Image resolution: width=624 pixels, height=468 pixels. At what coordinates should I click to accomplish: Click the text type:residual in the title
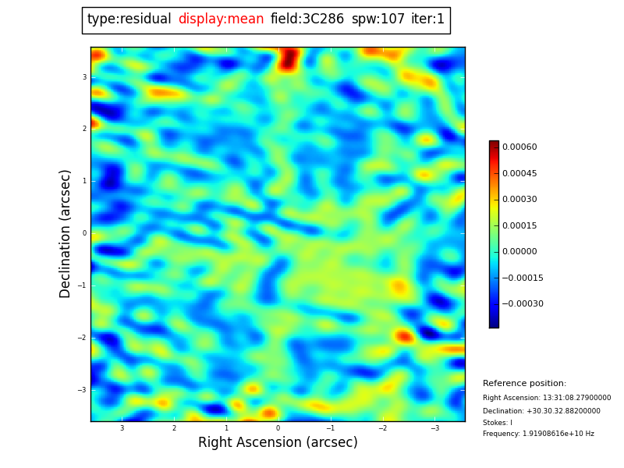[129, 19]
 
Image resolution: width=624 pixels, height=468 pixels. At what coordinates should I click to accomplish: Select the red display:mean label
[221, 19]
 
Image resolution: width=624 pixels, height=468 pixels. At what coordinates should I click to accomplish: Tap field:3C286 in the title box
[307, 19]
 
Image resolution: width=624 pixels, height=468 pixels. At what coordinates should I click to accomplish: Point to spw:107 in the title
[378, 19]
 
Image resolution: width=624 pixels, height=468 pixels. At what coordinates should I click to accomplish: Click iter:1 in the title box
[427, 19]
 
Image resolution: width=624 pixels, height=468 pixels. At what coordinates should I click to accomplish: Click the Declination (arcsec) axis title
[66, 233]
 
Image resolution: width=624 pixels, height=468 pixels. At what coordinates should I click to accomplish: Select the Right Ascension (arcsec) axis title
[278, 443]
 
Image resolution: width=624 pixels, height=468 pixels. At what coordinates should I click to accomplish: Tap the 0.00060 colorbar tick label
[519, 147]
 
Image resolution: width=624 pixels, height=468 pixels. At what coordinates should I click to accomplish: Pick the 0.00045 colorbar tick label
[519, 173]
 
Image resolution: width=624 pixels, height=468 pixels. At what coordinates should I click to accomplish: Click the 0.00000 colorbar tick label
[519, 252]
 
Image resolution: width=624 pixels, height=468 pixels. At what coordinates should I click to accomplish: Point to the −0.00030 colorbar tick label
[522, 304]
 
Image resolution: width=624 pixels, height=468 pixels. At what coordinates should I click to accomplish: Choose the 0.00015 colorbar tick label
[519, 225]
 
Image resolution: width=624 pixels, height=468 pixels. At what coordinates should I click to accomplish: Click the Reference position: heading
[524, 384]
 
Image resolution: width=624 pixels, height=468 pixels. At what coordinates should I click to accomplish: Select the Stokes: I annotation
[498, 423]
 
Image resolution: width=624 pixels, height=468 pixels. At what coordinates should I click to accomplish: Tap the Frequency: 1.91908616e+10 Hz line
[538, 434]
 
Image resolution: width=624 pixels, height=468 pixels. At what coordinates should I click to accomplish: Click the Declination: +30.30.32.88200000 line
[541, 411]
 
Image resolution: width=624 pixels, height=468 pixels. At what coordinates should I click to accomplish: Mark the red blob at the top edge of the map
[289, 58]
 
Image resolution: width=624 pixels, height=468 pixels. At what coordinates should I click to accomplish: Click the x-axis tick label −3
[434, 428]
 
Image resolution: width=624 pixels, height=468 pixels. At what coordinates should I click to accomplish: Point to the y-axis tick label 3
[84, 77]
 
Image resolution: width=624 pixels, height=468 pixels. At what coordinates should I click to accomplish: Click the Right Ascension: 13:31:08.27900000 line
[547, 398]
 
